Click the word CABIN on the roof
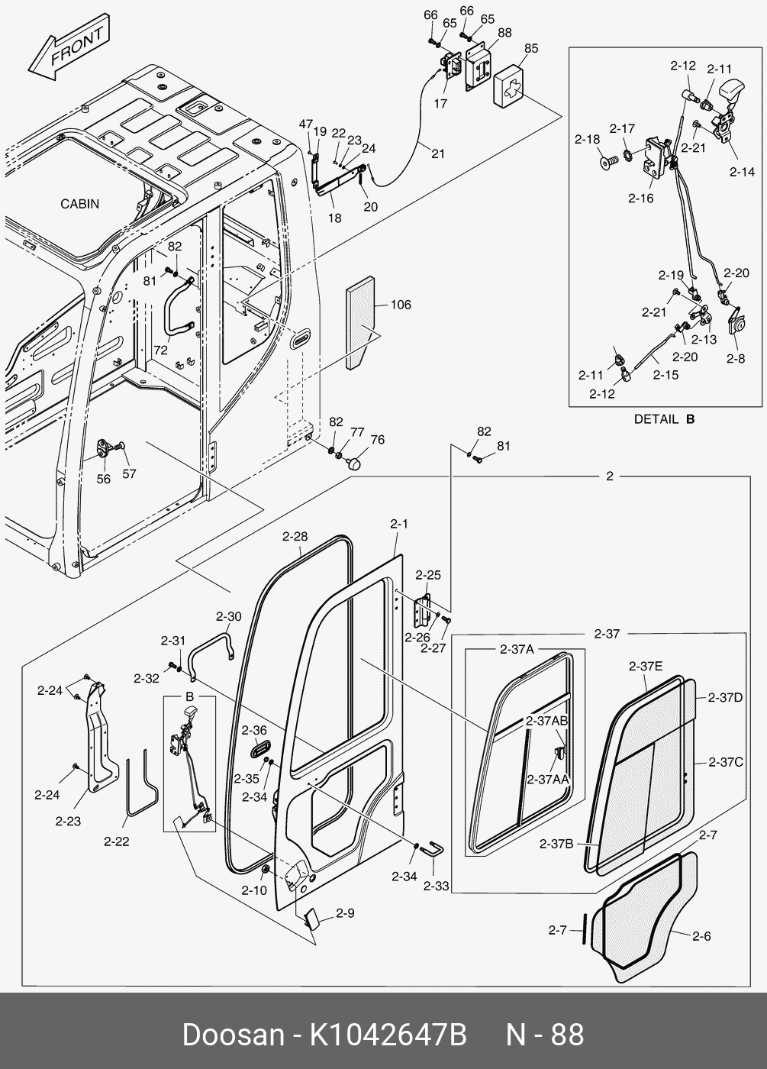tap(79, 204)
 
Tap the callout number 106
tap(400, 305)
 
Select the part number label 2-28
tap(295, 537)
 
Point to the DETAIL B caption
tap(664, 418)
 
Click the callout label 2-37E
tap(646, 666)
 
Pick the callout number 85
tap(530, 48)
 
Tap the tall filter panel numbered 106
tap(359, 321)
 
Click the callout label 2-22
tap(116, 841)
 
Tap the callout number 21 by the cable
tap(437, 153)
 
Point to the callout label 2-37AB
tap(546, 721)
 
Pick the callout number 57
tap(130, 473)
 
